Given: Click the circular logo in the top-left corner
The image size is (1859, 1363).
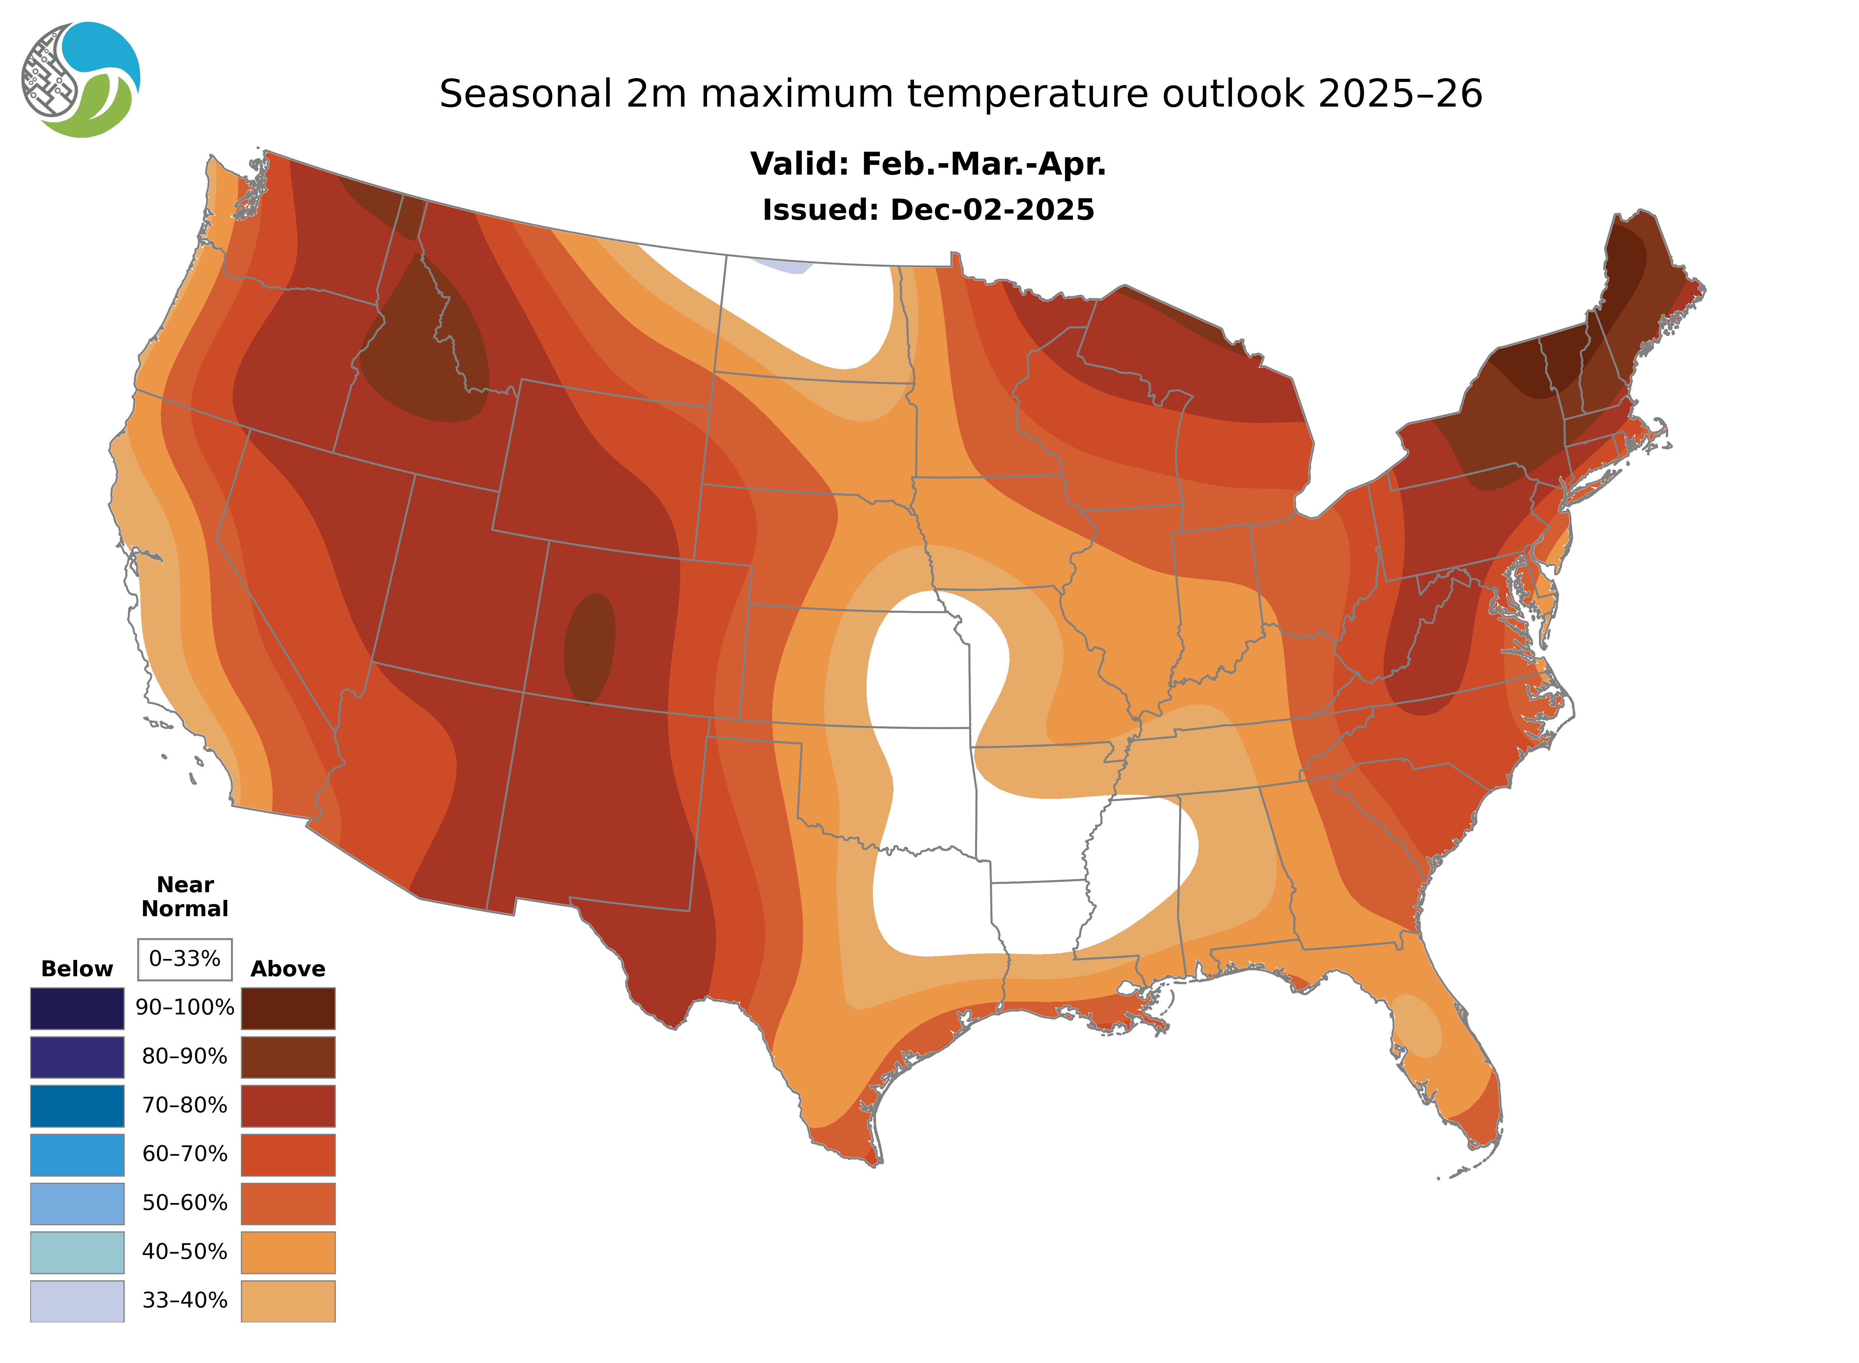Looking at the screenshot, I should click(81, 80).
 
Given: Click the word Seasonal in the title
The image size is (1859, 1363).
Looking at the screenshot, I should click(525, 94).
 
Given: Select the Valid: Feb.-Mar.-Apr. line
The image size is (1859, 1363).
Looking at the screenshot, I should click(927, 164).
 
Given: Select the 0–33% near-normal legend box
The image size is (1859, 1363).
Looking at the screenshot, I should click(185, 959).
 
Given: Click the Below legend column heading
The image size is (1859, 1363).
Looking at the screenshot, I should click(77, 969).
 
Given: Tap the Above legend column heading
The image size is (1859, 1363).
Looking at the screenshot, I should click(288, 969).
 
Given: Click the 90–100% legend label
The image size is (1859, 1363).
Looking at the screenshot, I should click(185, 1007).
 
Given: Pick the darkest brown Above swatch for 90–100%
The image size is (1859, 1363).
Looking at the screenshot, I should click(288, 1008).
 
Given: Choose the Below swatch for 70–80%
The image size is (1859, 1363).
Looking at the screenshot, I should click(77, 1106).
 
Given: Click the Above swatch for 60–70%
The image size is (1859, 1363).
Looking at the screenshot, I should click(288, 1154).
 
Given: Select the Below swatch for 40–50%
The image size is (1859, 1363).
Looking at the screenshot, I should click(77, 1252).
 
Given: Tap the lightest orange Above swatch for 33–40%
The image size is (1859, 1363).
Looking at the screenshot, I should click(288, 1300).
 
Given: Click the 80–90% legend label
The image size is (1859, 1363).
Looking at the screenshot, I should click(185, 1056).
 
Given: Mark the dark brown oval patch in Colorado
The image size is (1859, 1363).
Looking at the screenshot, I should click(589, 648).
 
